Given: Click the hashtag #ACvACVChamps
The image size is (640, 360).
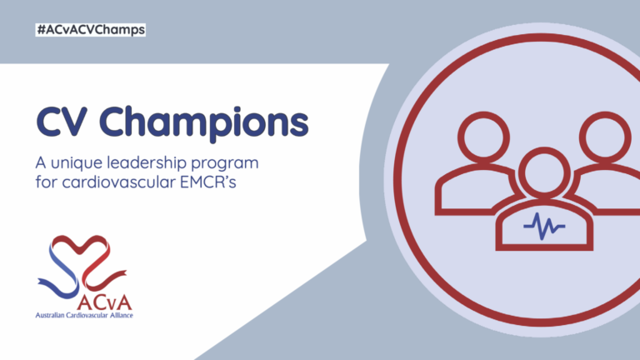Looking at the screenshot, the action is click(x=91, y=30).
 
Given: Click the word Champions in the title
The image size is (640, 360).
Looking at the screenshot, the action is click(x=204, y=123).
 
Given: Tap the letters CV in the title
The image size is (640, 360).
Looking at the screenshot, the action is click(x=62, y=122).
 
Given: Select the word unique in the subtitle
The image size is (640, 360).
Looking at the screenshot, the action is click(x=77, y=163).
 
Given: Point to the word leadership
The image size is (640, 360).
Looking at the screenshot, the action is click(x=147, y=163).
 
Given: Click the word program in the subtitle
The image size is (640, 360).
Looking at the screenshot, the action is click(x=225, y=164).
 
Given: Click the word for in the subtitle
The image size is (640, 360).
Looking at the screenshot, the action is click(x=46, y=182).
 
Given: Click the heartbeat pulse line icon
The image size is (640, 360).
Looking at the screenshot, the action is click(x=544, y=226).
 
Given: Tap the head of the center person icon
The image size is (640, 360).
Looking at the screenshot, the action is click(x=544, y=173).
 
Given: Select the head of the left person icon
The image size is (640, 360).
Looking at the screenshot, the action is click(x=483, y=137).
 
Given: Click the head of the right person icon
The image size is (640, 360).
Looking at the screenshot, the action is click(x=605, y=137).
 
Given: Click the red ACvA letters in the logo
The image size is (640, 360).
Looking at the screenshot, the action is click(x=104, y=302).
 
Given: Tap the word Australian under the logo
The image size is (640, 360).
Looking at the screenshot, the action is click(x=50, y=315).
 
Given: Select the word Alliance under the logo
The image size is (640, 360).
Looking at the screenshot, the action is click(x=121, y=315).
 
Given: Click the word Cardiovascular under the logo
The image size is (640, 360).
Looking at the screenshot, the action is click(x=87, y=315).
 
